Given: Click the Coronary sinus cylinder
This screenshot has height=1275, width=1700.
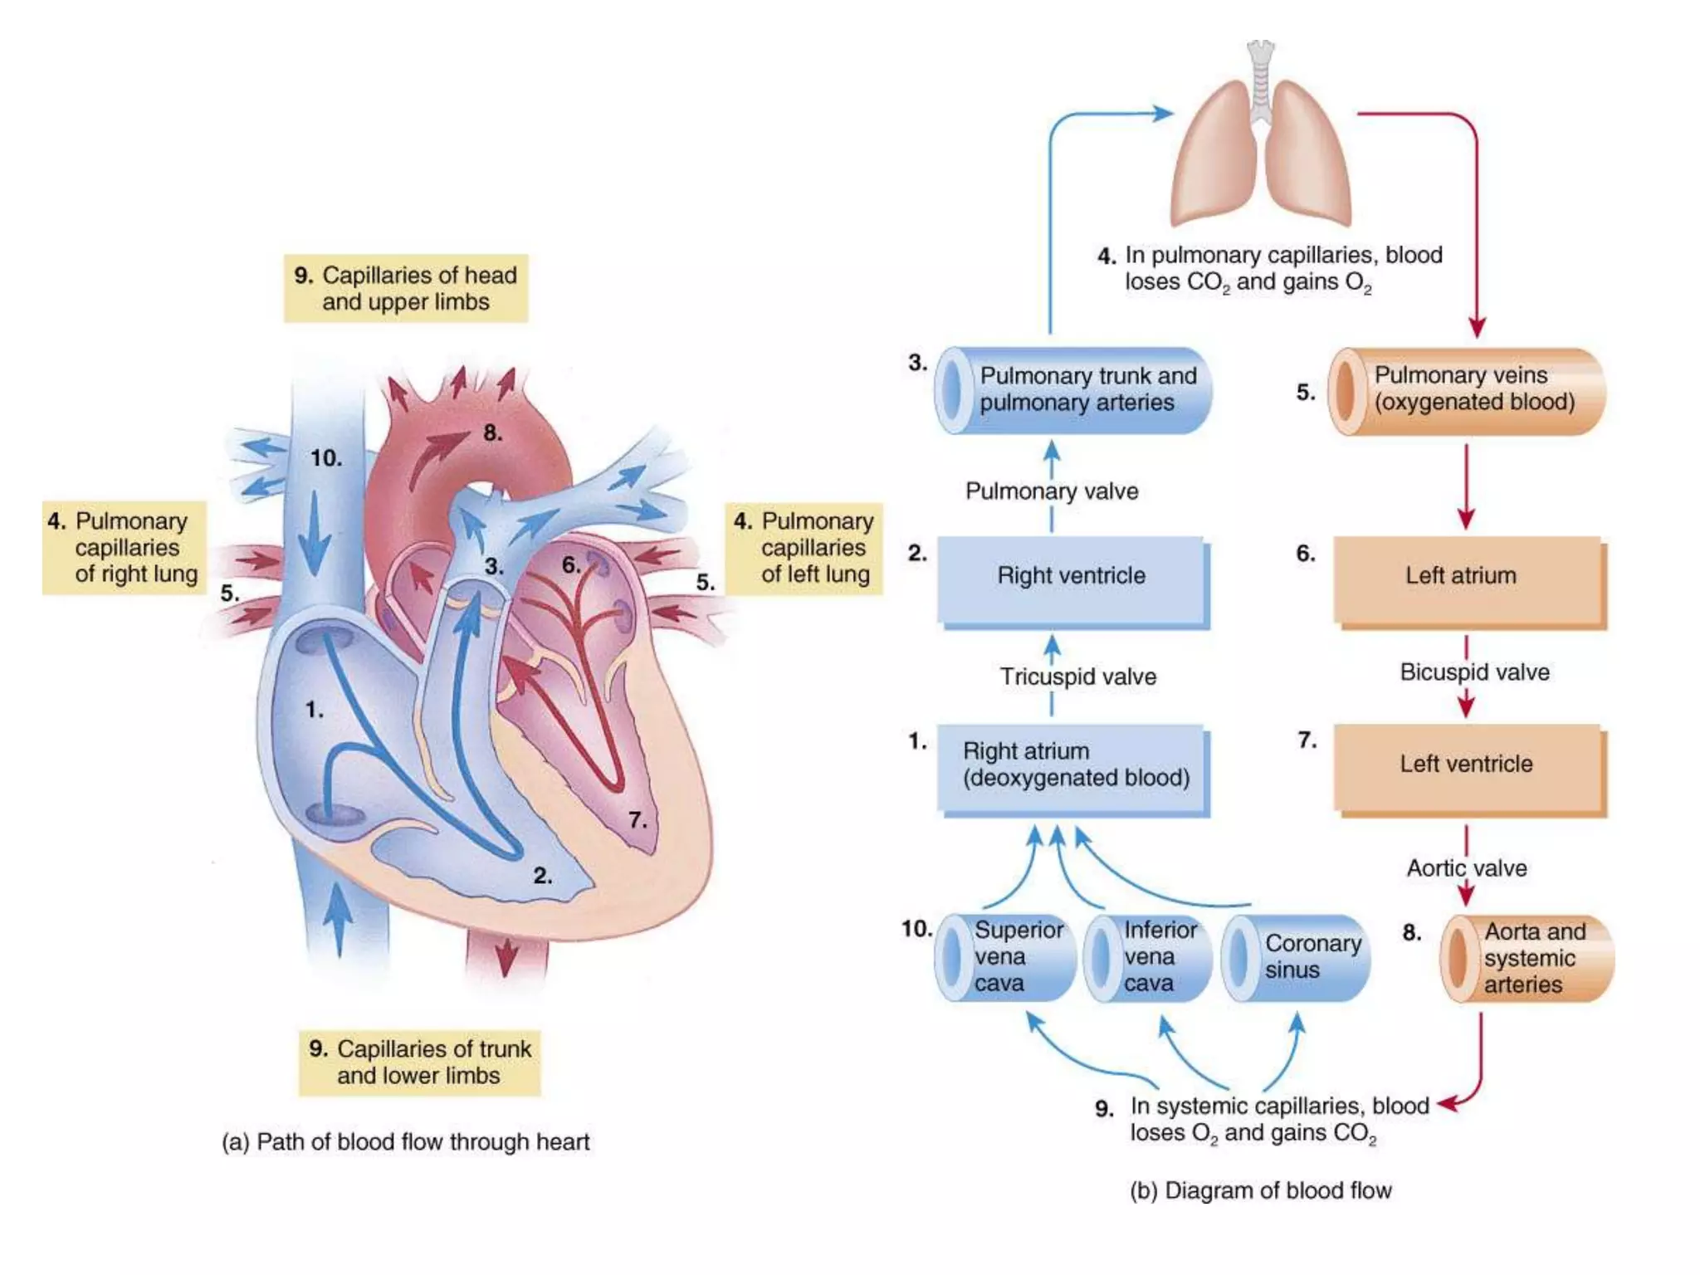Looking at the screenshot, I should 1297,957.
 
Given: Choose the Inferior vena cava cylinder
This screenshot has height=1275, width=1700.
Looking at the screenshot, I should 1148,957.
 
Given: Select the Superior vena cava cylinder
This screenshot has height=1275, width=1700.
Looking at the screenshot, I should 1005,957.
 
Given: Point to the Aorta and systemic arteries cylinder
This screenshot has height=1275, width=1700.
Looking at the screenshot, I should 1527,958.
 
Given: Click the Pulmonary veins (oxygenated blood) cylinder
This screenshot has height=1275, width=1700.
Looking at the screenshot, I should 1467,390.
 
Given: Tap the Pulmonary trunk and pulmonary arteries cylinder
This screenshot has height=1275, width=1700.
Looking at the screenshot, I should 1073,390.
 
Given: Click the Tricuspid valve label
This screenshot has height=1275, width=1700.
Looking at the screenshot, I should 1077,677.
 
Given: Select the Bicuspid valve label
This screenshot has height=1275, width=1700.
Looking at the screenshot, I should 1474,672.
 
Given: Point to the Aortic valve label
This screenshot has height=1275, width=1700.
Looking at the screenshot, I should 1467,868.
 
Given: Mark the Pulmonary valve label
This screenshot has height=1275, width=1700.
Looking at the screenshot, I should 1052,491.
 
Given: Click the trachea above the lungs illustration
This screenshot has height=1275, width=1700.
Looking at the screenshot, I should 1261,79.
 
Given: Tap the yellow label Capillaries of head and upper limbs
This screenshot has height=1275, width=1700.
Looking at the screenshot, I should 406,288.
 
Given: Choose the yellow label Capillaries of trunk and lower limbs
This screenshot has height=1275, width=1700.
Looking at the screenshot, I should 420,1062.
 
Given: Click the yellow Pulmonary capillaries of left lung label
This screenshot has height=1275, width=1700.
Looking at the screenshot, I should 804,548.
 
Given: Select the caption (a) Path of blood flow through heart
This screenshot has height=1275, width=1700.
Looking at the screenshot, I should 406,1142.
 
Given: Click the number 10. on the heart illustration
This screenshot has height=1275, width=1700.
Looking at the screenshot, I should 326,458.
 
